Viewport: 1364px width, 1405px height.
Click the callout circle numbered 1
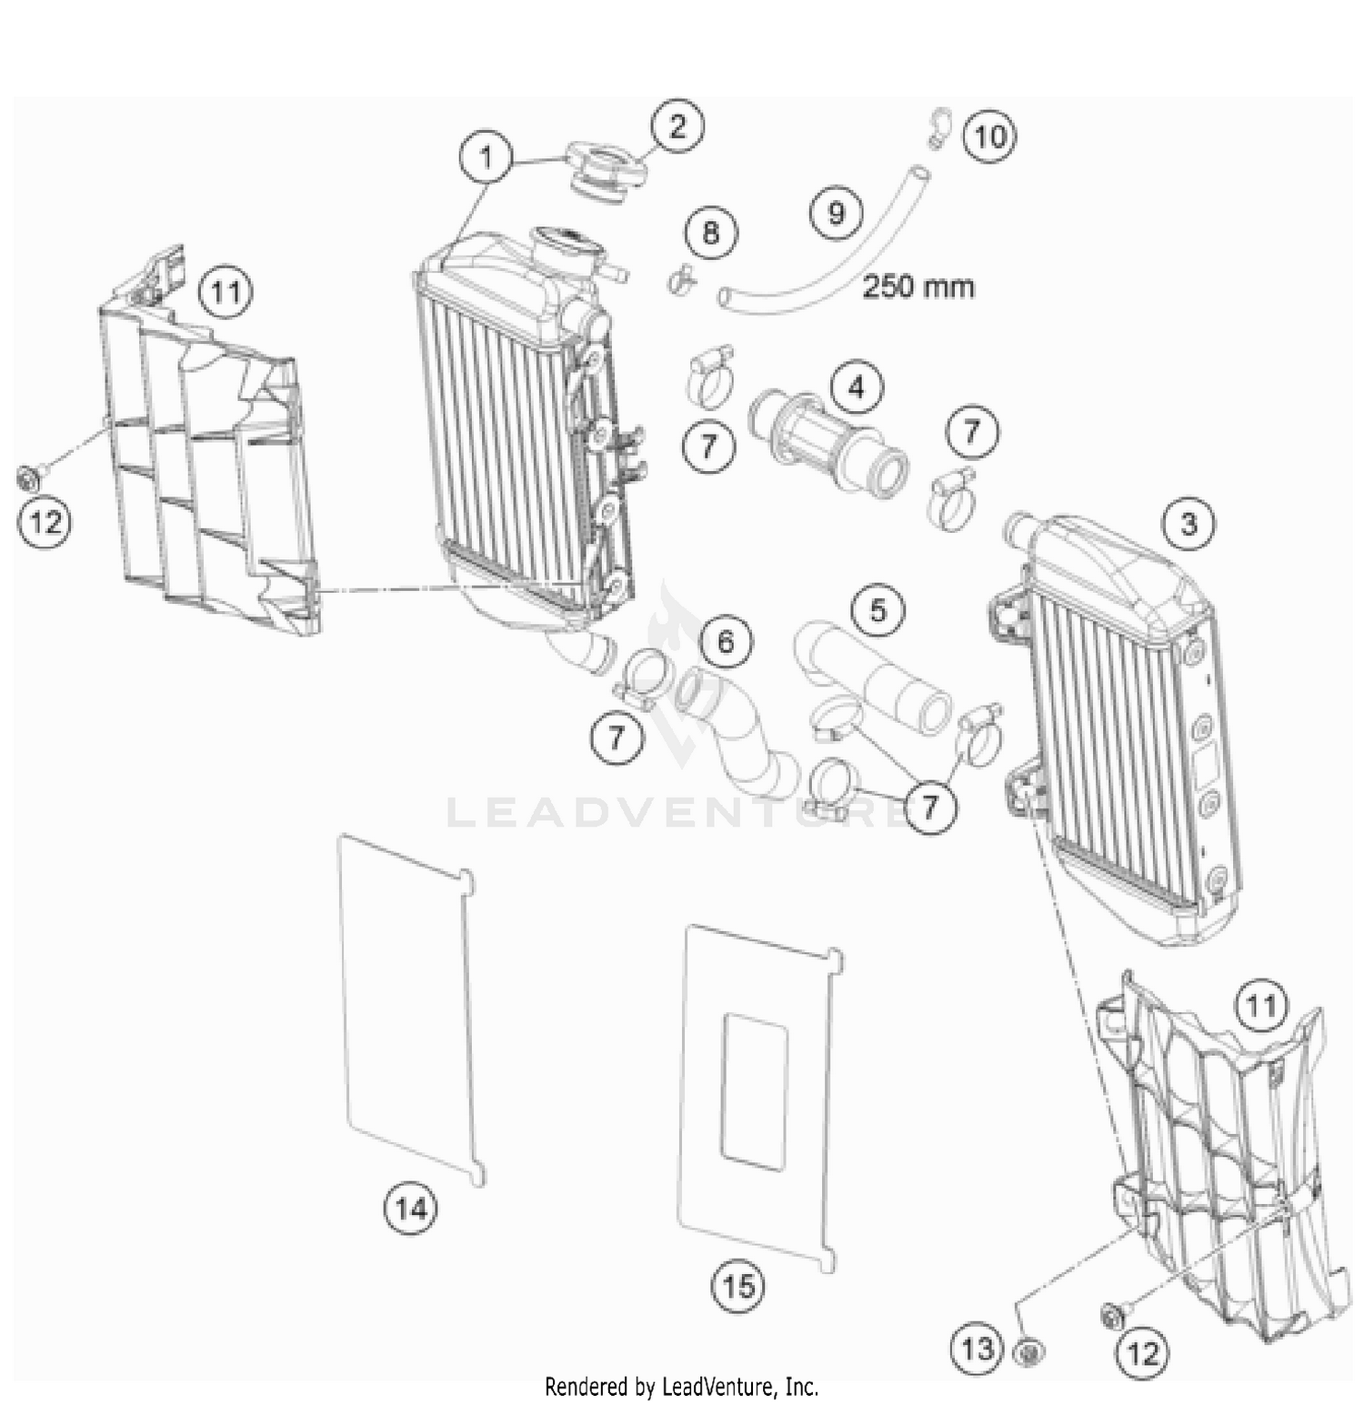coord(486,158)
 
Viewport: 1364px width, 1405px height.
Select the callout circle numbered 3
coord(1188,523)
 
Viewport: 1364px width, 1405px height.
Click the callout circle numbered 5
coord(878,609)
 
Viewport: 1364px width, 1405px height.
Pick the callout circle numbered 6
coord(725,642)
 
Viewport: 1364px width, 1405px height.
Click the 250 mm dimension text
coord(918,286)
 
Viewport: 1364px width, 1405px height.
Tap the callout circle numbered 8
coord(710,232)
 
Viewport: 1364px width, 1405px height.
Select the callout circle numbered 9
coord(836,213)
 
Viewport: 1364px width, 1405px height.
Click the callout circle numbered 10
coord(989,136)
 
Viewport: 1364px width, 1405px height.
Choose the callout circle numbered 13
coord(977,1348)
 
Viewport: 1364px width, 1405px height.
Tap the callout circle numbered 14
coord(410,1209)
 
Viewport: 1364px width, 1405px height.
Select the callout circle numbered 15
coord(738,1286)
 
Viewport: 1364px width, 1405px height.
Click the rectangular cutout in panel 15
coord(755,1091)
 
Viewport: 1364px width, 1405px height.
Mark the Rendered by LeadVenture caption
coord(681,1387)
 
